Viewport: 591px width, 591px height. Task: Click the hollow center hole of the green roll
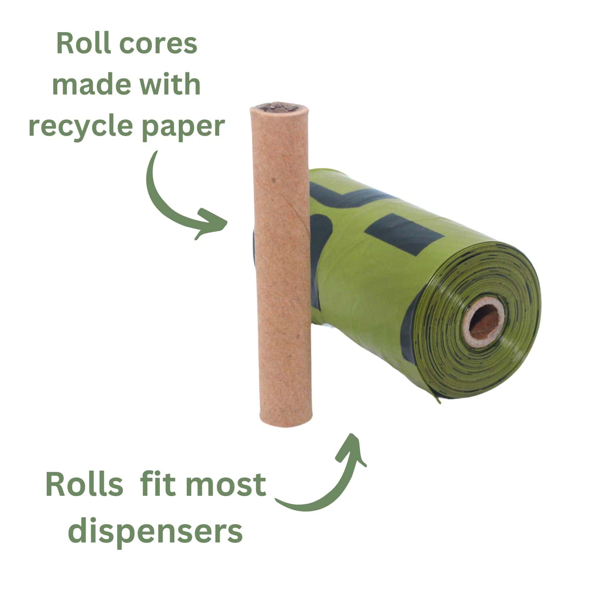point(484,320)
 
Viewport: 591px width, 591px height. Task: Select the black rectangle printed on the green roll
point(405,233)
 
